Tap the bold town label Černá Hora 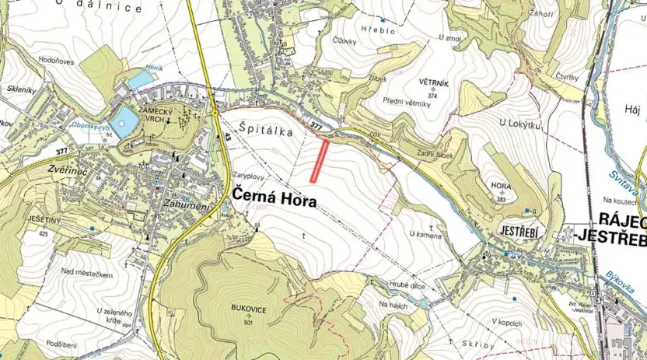click(273, 200)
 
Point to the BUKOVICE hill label click(249, 310)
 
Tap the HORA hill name click(502, 187)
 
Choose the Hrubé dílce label click(406, 285)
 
